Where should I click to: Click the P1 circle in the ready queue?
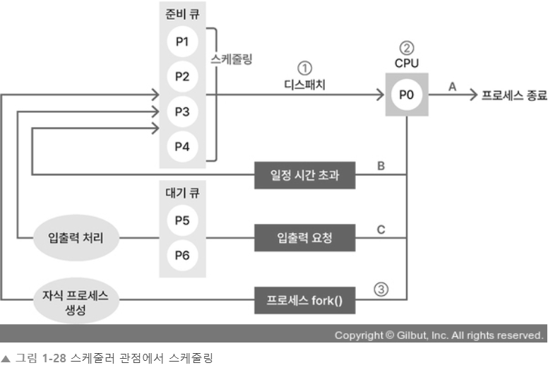(182, 42)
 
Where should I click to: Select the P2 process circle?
(182, 76)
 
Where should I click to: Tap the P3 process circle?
(182, 111)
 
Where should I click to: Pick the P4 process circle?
(182, 146)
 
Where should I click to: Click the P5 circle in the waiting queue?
(182, 220)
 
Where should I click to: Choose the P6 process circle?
(182, 254)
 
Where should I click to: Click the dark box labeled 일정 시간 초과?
(304, 175)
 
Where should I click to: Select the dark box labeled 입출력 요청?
(304, 239)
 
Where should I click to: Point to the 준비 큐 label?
(182, 15)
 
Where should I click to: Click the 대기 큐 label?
(182, 192)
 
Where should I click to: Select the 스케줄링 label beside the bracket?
(232, 61)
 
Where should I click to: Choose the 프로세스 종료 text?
(513, 95)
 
